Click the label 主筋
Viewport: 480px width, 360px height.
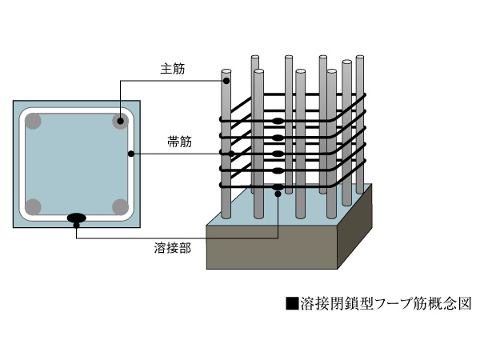173,70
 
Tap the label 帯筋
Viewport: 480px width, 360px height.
173,142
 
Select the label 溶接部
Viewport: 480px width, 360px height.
172,248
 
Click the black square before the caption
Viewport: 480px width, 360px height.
291,304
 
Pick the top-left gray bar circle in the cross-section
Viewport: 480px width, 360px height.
34,122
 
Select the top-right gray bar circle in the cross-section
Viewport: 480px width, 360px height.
120,122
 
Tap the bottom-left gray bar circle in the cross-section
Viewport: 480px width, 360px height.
34,207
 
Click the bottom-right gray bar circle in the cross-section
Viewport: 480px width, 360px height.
120,207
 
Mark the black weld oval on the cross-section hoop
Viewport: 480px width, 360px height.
77,217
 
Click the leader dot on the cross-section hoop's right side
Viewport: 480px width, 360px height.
129,151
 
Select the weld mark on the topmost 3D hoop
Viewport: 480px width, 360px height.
277,122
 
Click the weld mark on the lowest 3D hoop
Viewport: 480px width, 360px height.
277,188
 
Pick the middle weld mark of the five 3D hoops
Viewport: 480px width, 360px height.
277,154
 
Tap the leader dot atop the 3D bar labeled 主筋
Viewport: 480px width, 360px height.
226,80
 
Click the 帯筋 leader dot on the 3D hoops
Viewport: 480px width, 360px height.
233,152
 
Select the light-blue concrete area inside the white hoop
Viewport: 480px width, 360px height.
77,164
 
